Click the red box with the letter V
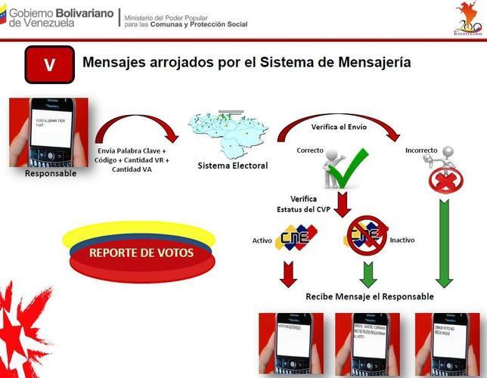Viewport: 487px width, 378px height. pyautogui.click(x=49, y=64)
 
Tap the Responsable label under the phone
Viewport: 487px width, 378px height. pyautogui.click(x=51, y=173)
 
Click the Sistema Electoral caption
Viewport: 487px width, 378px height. pyautogui.click(x=232, y=166)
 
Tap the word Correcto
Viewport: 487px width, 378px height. pyautogui.click(x=312, y=150)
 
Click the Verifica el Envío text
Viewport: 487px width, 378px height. pyautogui.click(x=339, y=127)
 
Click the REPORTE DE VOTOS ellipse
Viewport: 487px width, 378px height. pyautogui.click(x=141, y=253)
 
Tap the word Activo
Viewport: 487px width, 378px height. pyautogui.click(x=262, y=241)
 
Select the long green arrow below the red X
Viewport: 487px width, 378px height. pyautogui.click(x=444, y=242)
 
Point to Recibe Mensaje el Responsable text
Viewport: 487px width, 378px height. pyautogui.click(x=370, y=296)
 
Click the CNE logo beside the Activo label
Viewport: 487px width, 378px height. pyautogui.click(x=297, y=238)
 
